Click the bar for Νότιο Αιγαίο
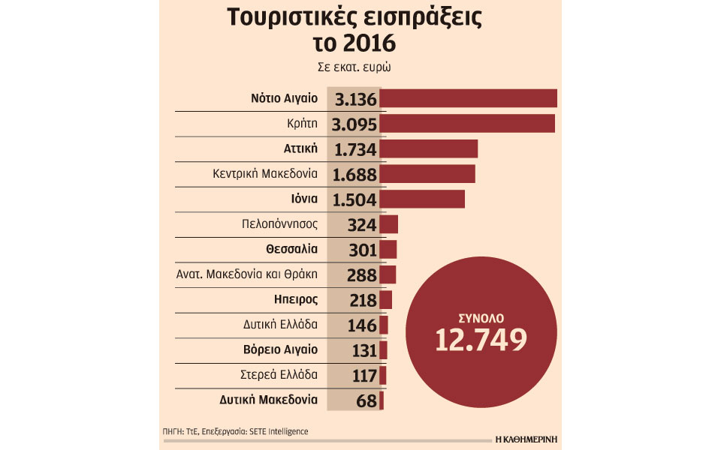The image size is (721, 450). point(468,98)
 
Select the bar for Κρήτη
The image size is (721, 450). point(467,124)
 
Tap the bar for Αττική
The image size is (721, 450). point(428,148)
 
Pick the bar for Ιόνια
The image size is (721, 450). point(422,199)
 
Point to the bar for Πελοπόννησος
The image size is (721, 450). point(388,224)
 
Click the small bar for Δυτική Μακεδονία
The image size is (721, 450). point(382,400)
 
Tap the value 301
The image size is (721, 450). point(362,250)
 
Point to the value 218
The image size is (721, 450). point(362,300)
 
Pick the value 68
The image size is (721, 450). point(367,400)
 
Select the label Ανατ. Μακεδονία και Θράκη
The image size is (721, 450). point(246,274)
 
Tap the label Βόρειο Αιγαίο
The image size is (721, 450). point(282,349)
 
